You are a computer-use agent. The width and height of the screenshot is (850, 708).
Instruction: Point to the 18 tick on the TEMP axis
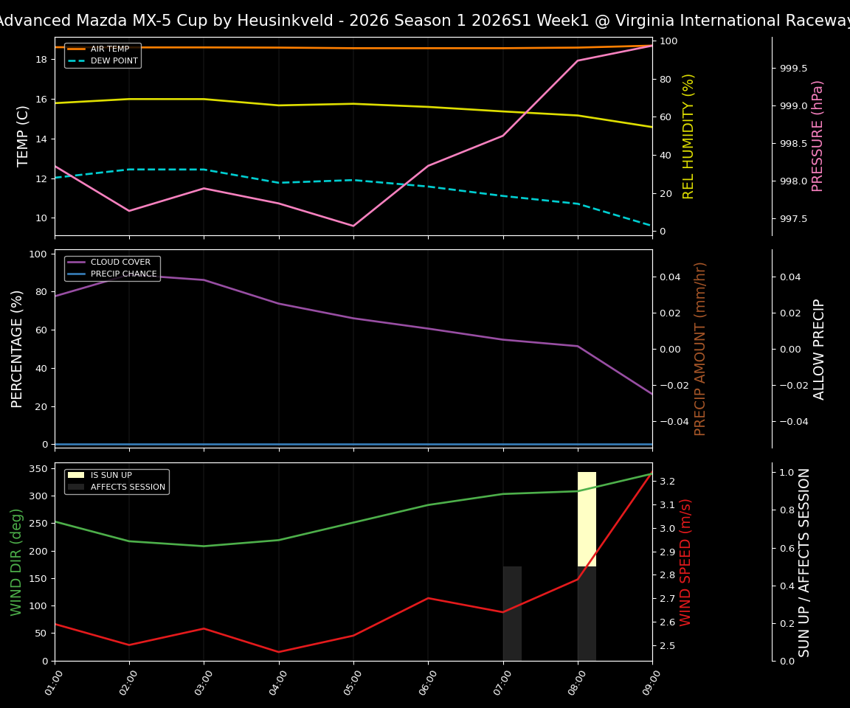click(41, 59)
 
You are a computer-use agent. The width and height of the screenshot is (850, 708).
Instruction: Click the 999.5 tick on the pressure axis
click(793, 69)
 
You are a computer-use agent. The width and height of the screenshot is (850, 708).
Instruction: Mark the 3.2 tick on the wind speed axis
click(667, 482)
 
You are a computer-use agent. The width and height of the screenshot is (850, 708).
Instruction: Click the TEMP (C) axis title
click(24, 136)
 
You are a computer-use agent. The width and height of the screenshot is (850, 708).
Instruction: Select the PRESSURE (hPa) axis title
click(818, 136)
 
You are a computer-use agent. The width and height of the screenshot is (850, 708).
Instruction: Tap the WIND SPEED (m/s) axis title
click(686, 562)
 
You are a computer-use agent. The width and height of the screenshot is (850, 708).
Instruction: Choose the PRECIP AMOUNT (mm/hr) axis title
click(701, 349)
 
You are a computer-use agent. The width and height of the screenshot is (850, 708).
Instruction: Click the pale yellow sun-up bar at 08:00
click(587, 519)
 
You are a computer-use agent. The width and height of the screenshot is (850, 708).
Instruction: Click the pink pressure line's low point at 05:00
click(353, 226)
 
